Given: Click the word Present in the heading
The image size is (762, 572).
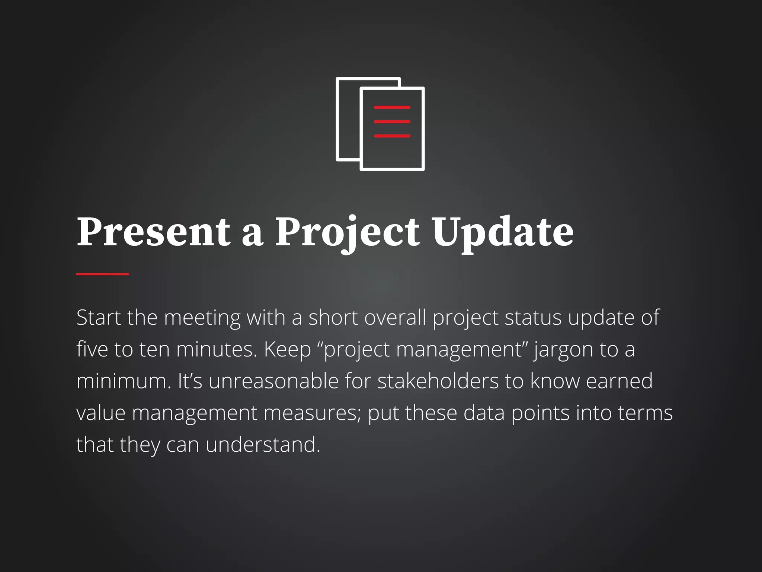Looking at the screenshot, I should tap(153, 232).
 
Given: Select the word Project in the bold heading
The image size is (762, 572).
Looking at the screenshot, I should tap(347, 232).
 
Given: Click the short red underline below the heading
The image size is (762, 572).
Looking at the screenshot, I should tap(103, 274).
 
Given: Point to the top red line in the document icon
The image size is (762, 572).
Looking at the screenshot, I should tap(392, 107).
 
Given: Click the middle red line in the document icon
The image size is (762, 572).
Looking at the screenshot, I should tap(392, 121).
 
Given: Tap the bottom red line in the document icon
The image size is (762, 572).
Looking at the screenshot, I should tap(392, 136).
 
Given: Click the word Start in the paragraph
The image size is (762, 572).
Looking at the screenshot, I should tap(99, 318).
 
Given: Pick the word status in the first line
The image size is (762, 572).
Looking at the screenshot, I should tap(533, 318).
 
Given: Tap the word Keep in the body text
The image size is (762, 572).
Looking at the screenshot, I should tap(287, 350).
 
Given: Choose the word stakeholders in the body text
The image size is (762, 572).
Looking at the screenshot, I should tap(438, 381).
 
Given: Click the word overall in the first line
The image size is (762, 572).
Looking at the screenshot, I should tap(395, 318).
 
